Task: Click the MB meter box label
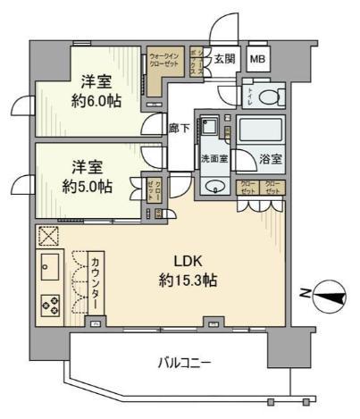point(257,60)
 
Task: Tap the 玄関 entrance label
point(224,59)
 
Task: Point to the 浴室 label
point(271,161)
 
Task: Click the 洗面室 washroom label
point(213,161)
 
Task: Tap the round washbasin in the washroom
point(214,186)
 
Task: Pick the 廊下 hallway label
point(179,128)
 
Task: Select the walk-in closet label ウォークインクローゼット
point(166,59)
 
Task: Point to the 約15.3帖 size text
point(186,281)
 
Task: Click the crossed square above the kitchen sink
point(48,235)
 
